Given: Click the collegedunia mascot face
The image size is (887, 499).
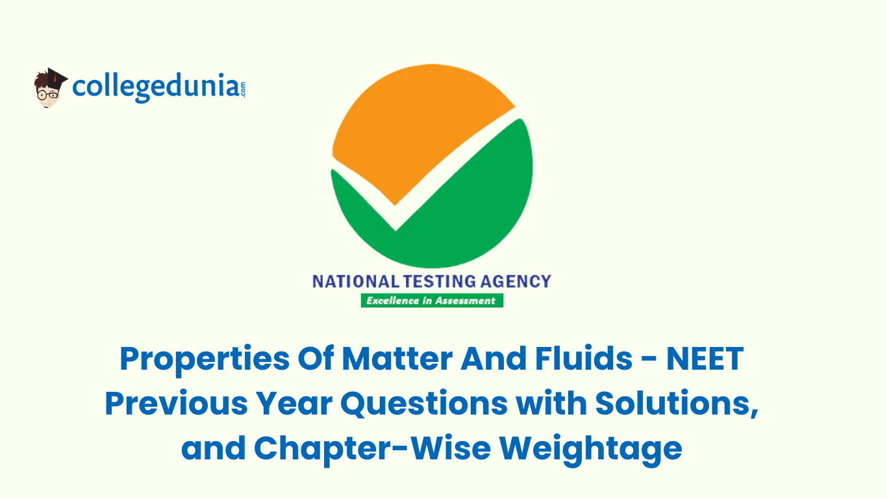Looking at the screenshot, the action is point(48,94).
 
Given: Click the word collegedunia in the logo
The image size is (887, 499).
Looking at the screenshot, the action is point(155,87).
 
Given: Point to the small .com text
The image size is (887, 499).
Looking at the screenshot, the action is point(243,89).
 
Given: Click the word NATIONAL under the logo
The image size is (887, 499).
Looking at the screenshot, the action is point(356,281).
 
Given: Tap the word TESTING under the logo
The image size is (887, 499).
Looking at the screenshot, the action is point(440,281).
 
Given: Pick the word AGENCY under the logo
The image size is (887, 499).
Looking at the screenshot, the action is point(516,281).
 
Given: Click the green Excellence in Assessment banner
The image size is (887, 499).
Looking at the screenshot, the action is point(432,300).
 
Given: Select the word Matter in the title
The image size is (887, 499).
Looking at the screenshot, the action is point(397,358).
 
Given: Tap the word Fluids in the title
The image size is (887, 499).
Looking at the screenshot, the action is point(584,358).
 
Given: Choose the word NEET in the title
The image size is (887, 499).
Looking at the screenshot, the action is point(705,359).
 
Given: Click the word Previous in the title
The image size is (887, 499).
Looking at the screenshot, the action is point(176,403).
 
